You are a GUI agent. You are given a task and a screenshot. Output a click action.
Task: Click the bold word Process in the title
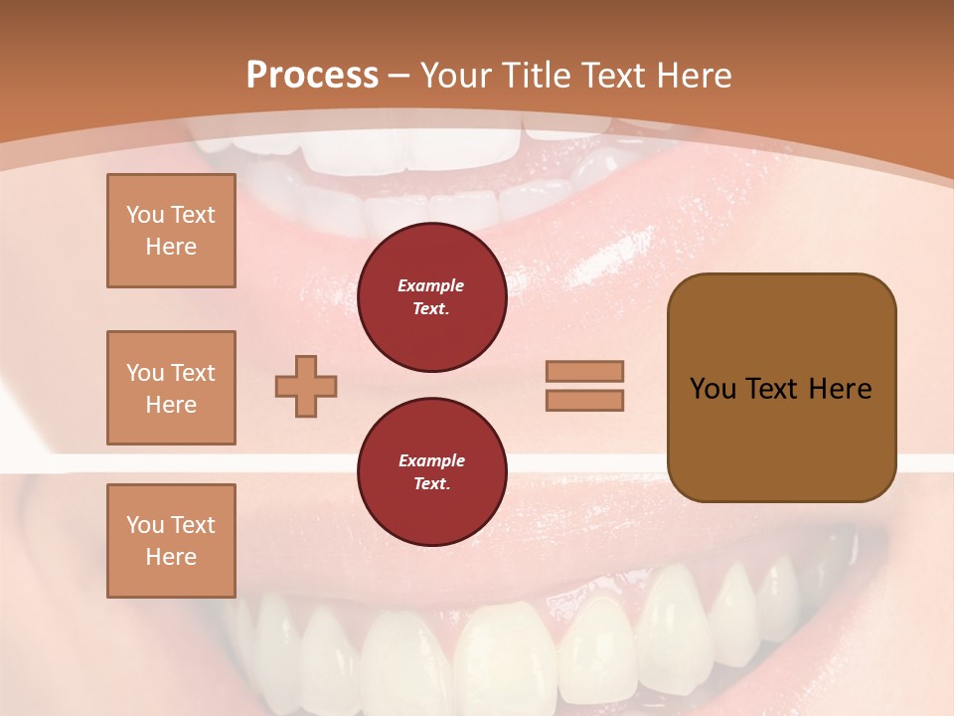tap(312, 76)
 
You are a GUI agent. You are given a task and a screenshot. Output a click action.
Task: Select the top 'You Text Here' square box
tap(171, 231)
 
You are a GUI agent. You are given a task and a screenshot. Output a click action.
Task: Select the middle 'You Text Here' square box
tap(171, 388)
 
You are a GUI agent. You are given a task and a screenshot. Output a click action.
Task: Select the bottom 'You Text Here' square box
tap(171, 541)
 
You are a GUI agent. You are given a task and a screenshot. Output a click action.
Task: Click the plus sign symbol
tap(306, 385)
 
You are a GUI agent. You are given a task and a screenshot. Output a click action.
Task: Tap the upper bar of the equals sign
tap(585, 371)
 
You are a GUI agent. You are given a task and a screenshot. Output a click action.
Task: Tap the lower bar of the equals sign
tap(585, 400)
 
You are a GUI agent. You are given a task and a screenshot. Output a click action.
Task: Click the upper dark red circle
tap(431, 297)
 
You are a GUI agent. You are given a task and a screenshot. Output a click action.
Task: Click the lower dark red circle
tap(431, 472)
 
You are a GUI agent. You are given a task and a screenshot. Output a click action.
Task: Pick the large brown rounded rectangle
tap(781, 387)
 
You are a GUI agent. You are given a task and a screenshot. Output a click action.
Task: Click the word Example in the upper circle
tap(431, 285)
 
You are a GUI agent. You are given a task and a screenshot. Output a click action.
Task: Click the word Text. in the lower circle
tap(431, 484)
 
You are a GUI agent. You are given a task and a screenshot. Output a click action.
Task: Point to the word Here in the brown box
tap(840, 389)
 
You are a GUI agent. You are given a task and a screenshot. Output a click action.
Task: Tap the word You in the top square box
tap(144, 215)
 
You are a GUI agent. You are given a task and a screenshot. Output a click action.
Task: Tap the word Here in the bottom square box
tap(171, 557)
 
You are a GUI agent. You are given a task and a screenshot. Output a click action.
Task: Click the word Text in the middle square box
tap(193, 373)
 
